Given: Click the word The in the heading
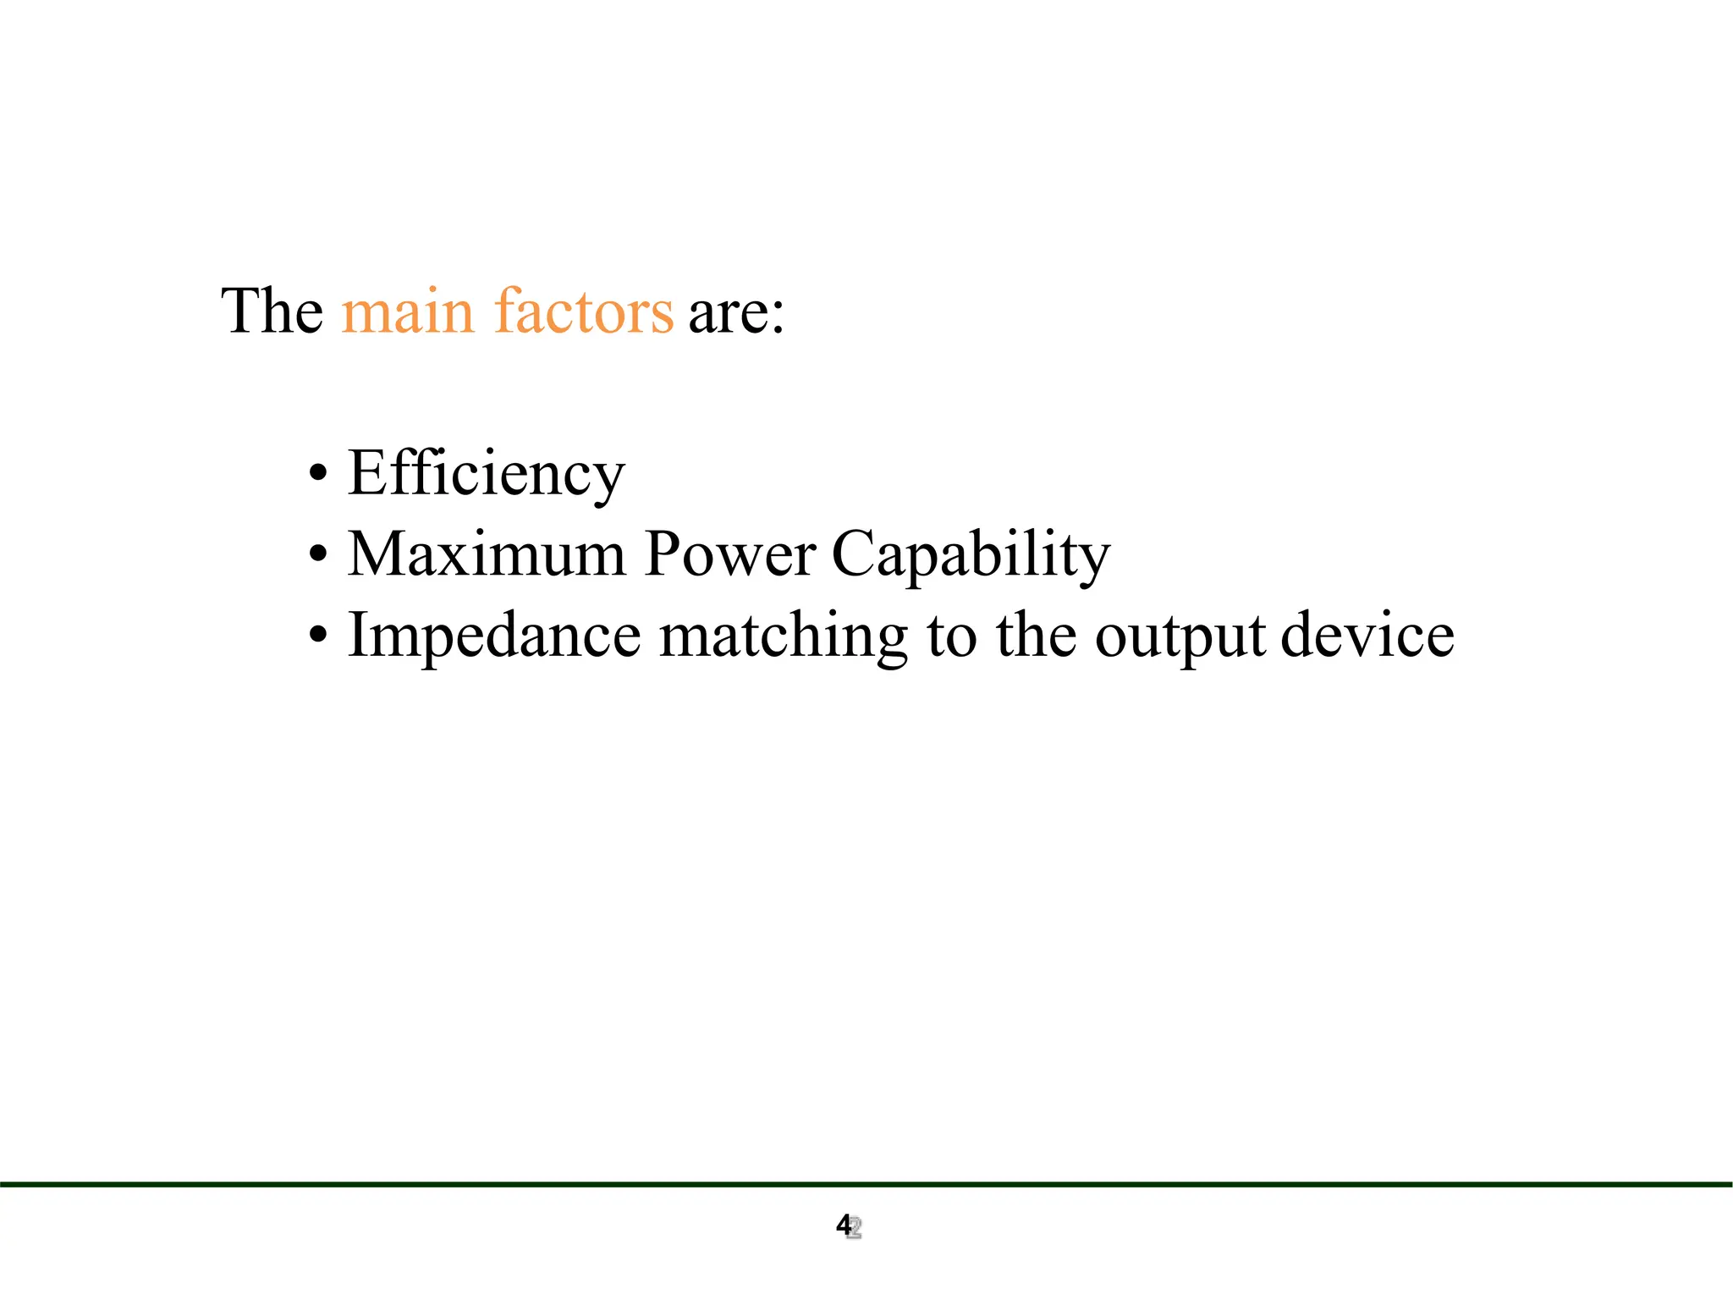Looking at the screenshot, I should (x=272, y=311).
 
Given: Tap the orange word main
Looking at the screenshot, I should (x=407, y=311).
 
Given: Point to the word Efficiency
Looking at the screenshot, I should (x=487, y=474).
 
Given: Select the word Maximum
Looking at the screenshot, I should (x=487, y=554).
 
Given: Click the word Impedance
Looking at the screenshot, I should (x=495, y=636).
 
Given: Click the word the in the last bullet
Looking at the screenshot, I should (x=1037, y=636).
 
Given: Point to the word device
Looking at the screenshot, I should (x=1367, y=636).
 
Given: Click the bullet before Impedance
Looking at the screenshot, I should (x=317, y=635).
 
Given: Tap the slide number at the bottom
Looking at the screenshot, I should (x=848, y=1226).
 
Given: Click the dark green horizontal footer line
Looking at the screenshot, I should (x=866, y=1184).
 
